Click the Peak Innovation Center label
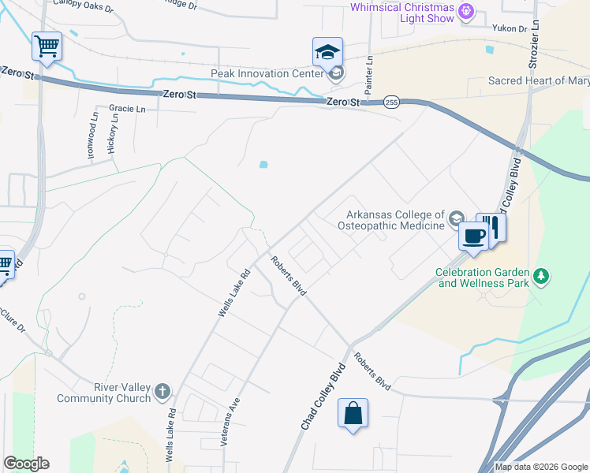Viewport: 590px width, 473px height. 267,74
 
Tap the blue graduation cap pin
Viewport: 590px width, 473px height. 327,53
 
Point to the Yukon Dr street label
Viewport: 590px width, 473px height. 509,29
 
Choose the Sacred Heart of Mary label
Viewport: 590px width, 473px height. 539,80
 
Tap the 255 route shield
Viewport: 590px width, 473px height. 391,102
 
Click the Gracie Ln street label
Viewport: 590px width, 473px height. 128,109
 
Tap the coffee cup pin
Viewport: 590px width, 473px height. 473,236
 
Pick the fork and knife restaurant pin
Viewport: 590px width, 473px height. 491,228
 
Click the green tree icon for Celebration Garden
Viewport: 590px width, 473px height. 541,276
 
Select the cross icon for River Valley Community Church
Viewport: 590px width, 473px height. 162,391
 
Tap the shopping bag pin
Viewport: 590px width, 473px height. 353,413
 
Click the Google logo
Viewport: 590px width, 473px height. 26,464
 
